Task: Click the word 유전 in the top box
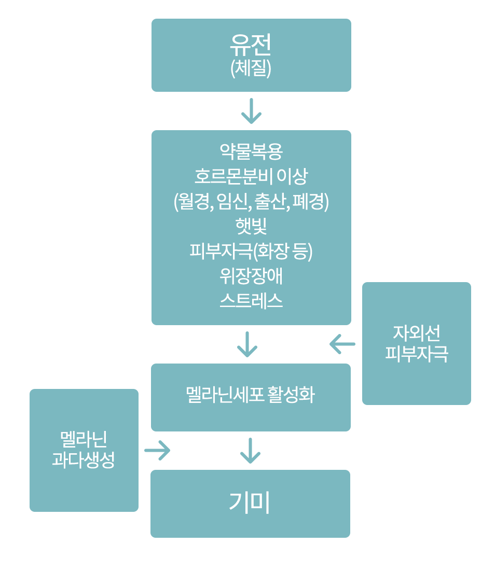[251, 46]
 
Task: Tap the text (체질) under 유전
[251, 68]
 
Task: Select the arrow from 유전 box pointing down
[251, 111]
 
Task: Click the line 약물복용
[251, 151]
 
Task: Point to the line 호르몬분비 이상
[251, 176]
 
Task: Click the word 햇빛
[251, 226]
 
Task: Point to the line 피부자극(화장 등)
[251, 252]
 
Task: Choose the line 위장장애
[251, 276]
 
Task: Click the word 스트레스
[251, 301]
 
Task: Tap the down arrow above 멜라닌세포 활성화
[247, 344]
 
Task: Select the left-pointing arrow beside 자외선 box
[342, 344]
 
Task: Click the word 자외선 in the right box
[416, 332]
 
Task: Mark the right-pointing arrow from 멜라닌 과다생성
[157, 450]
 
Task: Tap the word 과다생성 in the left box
[84, 460]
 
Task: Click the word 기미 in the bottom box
[250, 503]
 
